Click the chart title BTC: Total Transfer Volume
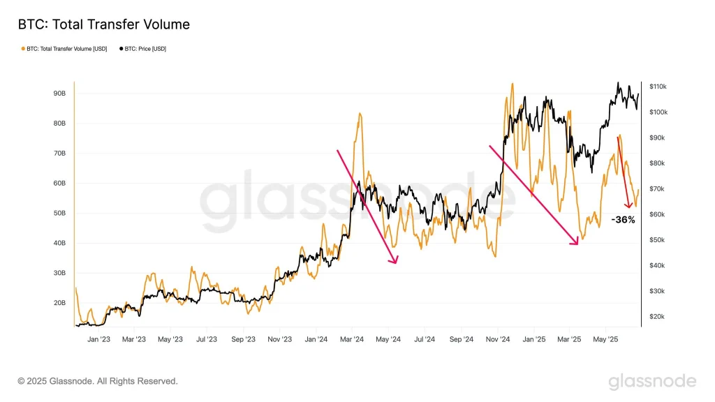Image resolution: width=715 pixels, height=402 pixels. [x=103, y=24]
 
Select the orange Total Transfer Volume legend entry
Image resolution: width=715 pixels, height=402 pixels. [x=64, y=49]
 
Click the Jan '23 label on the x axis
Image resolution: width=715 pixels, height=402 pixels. [x=98, y=340]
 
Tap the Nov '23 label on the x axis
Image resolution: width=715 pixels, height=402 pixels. [x=279, y=340]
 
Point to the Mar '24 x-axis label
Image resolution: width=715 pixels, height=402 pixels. [x=352, y=340]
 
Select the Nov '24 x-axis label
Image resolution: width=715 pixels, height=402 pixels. [x=496, y=340]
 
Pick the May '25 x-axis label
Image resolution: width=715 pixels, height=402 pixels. [x=605, y=340]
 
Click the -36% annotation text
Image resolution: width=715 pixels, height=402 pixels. [x=622, y=220]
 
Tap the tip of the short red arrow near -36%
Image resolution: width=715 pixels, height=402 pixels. [x=629, y=207]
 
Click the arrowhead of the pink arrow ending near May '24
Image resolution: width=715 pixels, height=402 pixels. [x=396, y=263]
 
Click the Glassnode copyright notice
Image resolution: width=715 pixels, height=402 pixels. [x=98, y=381]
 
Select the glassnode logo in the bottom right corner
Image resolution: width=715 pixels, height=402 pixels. [x=651, y=381]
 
